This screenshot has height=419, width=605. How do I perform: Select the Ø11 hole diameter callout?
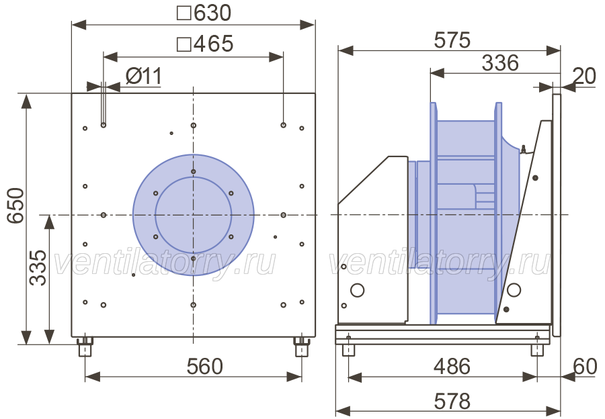pos(144,76)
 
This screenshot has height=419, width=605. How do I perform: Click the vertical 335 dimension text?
pos(38,267)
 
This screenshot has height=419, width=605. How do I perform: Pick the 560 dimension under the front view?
pos(205,366)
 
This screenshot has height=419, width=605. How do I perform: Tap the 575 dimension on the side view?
pos(452,40)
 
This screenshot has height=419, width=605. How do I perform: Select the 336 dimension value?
pos(500,63)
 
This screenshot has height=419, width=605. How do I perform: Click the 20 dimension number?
pos(585,76)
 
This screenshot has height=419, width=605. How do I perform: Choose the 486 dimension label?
pos(452,366)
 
